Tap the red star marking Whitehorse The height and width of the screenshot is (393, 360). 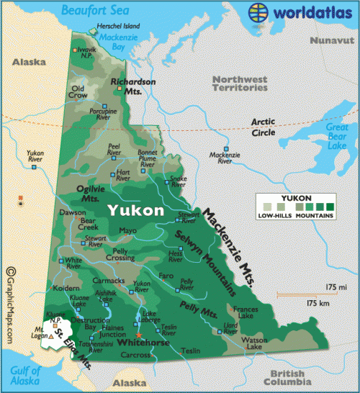click(139, 334)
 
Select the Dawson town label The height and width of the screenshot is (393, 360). click(71, 213)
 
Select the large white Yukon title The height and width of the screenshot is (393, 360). click(135, 210)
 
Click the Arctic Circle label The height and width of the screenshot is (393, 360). click(262, 127)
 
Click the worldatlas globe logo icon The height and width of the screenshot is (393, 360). click(261, 12)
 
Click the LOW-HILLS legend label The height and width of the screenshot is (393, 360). click(275, 215)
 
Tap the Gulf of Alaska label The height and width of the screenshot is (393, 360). click(22, 375)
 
